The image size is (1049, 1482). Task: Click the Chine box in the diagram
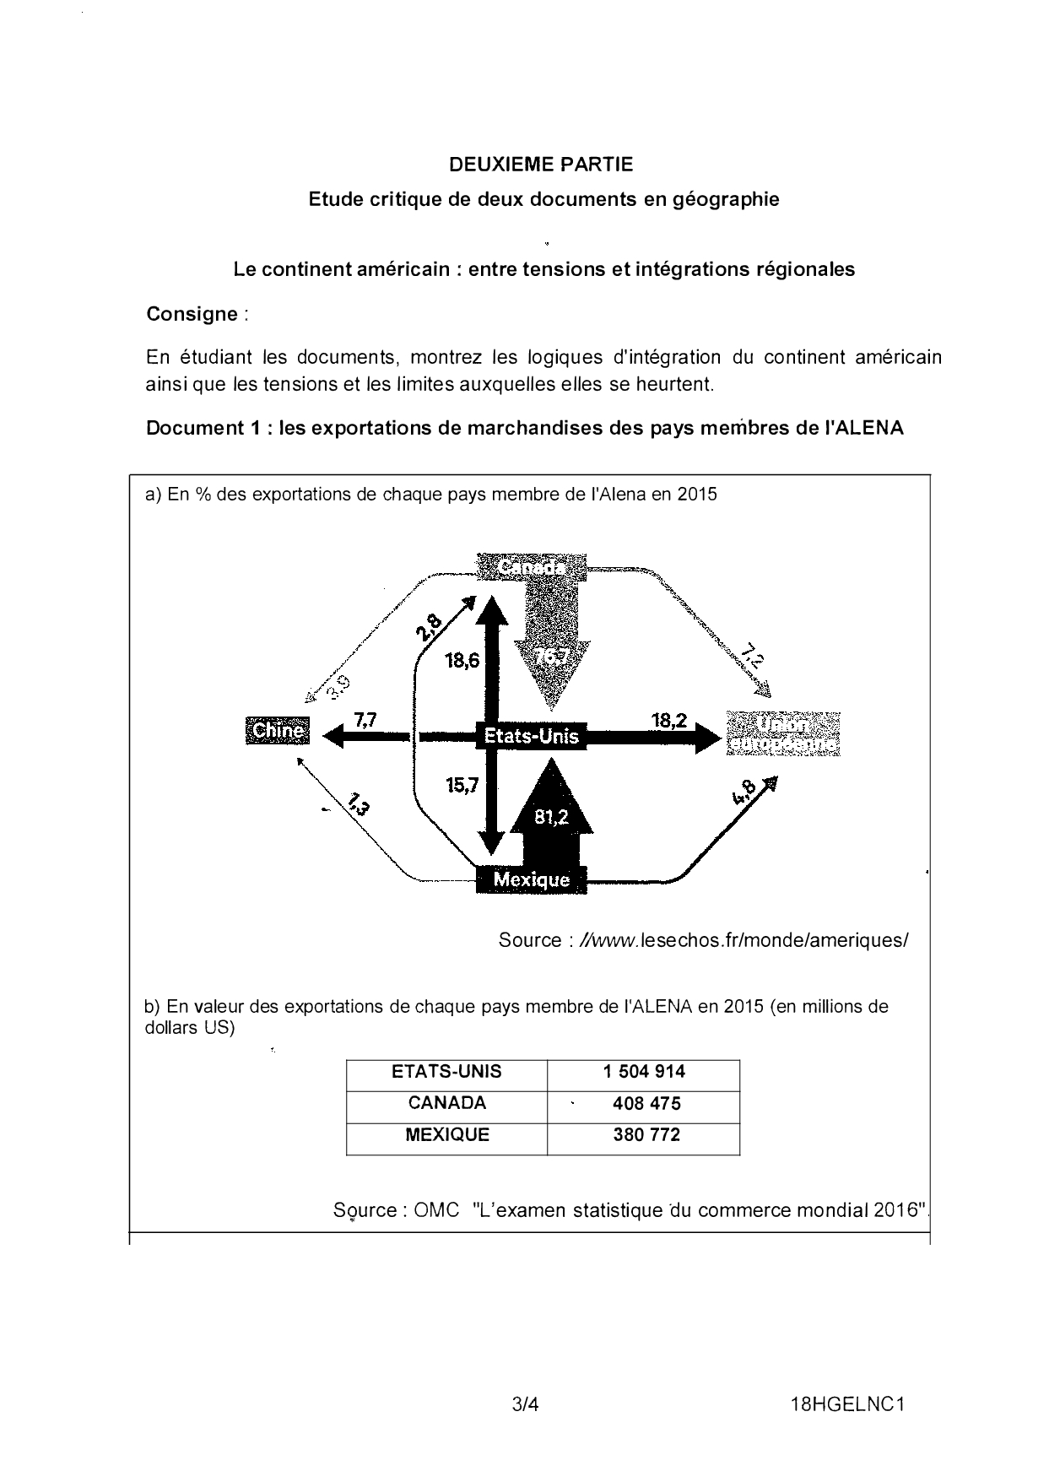coord(277,730)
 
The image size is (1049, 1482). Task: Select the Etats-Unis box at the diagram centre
coord(531,736)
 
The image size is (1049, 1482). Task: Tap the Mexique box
coord(531,879)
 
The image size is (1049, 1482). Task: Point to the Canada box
coord(532,567)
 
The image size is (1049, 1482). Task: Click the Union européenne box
coord(783,734)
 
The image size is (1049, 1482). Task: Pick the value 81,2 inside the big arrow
coord(551,816)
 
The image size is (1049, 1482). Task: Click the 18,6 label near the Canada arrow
coord(462,660)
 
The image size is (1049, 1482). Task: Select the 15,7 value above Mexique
coord(462,785)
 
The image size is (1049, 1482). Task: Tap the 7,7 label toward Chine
coord(365,719)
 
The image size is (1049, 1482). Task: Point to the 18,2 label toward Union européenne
coord(668,720)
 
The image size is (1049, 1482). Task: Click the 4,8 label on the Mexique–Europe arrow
coord(745,791)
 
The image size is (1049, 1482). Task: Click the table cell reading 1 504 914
coord(644,1072)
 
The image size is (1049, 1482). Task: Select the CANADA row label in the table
coord(446,1103)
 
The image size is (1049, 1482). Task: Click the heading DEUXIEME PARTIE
coord(541,165)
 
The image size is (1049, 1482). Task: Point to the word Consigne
coord(192,314)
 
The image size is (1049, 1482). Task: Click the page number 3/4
coord(525,1405)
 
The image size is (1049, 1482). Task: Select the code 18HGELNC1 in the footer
coord(847,1405)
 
